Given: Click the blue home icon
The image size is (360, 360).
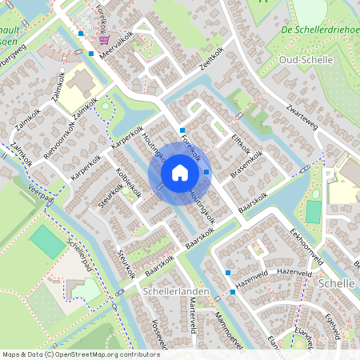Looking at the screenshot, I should pos(180,172).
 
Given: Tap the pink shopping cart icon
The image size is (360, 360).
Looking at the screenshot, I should pos(104,40).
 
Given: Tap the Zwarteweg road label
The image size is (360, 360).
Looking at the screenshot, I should pos(302,116).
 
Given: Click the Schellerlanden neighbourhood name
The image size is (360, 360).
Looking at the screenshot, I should pos(174,292).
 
